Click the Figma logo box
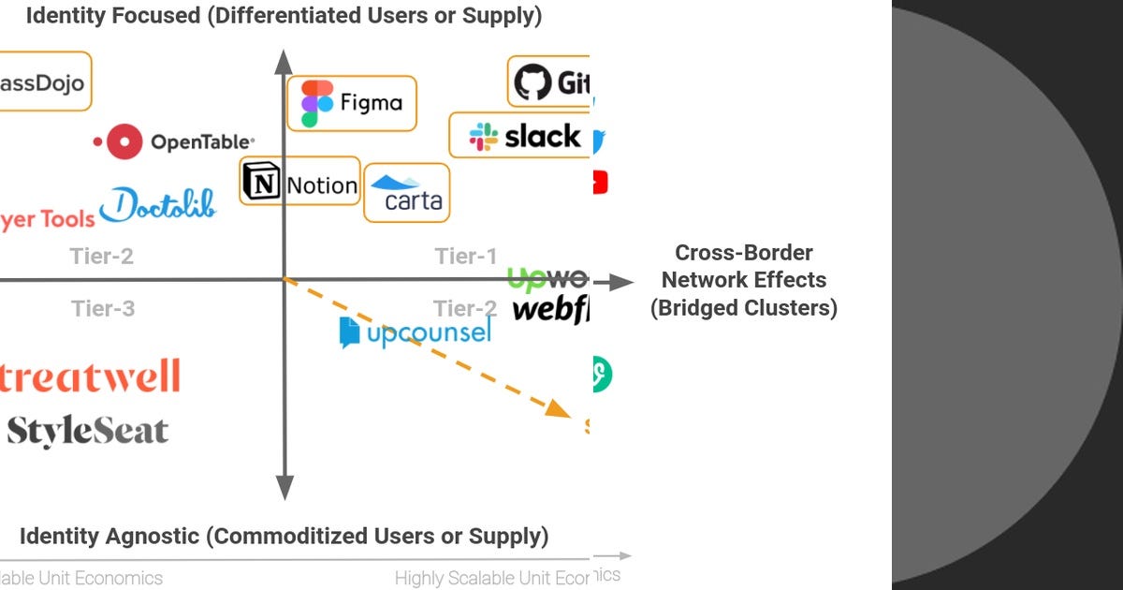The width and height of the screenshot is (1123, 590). pos(357,104)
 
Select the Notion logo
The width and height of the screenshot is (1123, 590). pos(299,184)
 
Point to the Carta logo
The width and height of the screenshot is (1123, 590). pos(406,193)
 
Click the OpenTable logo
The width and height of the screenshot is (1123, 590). pos(174,142)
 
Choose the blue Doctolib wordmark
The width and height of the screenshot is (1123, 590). pos(158,205)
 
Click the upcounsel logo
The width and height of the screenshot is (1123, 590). pos(415,332)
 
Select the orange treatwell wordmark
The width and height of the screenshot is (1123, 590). pos(90,376)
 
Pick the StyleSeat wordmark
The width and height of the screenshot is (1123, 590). pos(88,431)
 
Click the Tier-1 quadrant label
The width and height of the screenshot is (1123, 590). pos(465,256)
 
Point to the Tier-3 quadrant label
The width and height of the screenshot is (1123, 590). pos(103,308)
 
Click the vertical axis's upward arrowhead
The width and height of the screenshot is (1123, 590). pos(284,62)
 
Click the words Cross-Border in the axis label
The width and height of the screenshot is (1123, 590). pos(744,253)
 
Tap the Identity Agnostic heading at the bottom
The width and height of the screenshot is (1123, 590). pos(284,537)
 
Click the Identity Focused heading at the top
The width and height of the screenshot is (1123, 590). pos(284,16)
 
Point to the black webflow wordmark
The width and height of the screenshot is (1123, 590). pos(551,310)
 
